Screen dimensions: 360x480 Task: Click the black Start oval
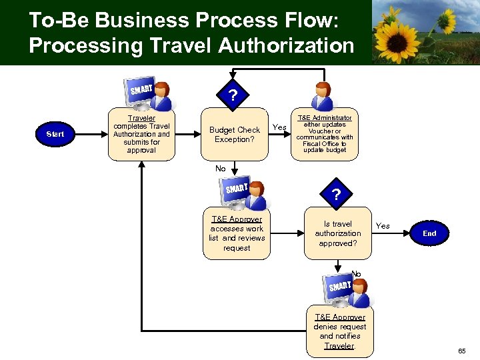tap(55, 134)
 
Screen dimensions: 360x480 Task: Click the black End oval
tap(429, 233)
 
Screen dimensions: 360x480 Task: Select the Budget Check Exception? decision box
tap(234, 135)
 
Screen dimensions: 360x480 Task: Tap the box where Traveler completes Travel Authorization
tap(141, 134)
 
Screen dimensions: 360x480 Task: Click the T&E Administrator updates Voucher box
tap(325, 134)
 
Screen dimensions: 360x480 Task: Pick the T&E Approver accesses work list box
tap(236, 233)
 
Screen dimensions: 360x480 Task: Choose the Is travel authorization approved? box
tap(337, 233)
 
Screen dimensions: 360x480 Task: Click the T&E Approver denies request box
tap(339, 331)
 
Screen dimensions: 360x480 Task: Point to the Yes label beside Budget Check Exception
tap(280, 127)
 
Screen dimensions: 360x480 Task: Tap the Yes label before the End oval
tap(383, 226)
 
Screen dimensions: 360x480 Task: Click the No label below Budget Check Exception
tap(221, 169)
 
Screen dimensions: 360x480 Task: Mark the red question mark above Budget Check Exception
tap(232, 95)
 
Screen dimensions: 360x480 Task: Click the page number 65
tap(462, 351)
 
